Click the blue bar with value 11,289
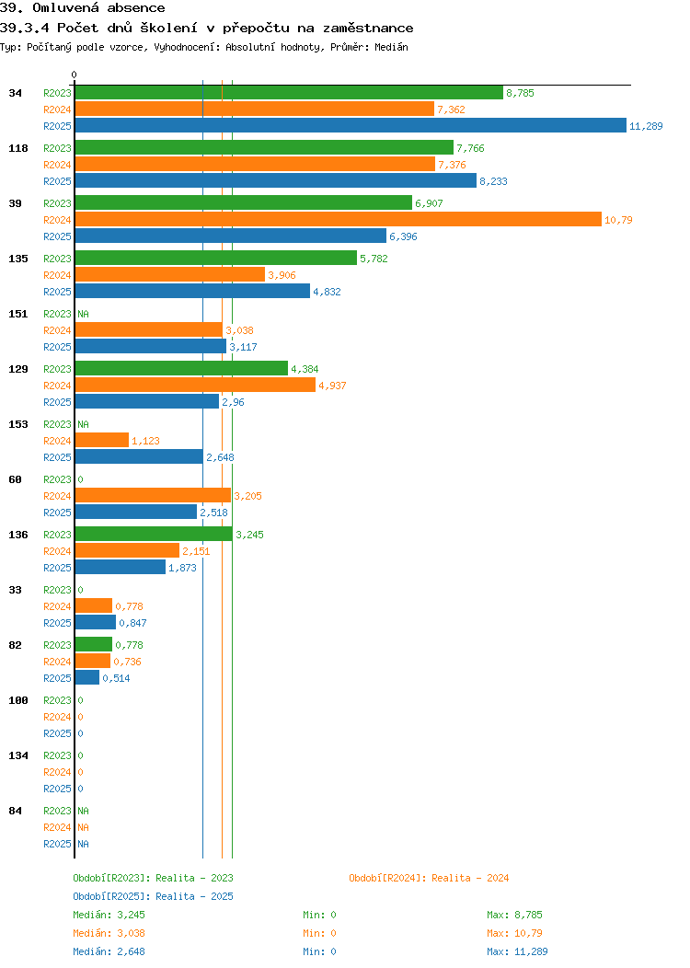point(350,126)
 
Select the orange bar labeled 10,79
point(338,220)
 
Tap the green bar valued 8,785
point(288,93)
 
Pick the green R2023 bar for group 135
point(215,259)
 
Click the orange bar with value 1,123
point(101,441)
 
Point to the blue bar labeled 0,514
point(86,678)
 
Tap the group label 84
point(16,811)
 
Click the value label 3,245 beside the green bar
point(249,535)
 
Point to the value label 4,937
point(332,386)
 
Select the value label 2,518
point(213,513)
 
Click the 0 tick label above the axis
point(75,75)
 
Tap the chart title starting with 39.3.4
point(207,28)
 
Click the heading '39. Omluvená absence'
point(83,8)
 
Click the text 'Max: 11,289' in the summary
point(517,951)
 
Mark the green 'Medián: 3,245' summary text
point(109,915)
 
